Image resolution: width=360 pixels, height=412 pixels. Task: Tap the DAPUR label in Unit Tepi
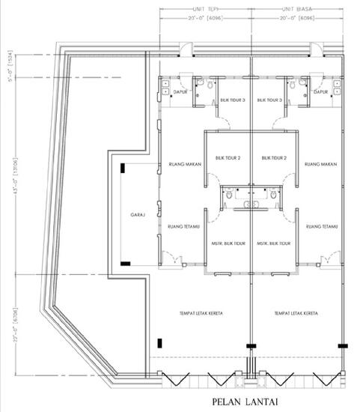(180, 92)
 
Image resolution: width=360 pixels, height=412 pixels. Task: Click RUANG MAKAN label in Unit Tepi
(183, 164)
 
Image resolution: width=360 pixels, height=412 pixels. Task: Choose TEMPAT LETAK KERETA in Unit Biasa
(293, 312)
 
